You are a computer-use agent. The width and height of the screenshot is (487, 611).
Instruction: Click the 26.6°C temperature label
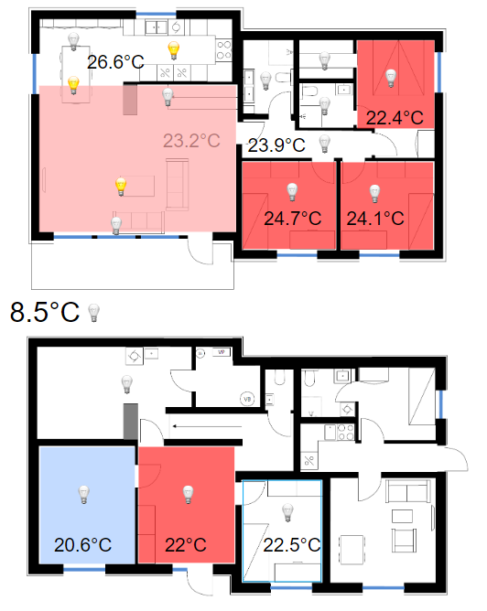coord(115,62)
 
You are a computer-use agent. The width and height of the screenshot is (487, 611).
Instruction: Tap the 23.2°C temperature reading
coord(191,141)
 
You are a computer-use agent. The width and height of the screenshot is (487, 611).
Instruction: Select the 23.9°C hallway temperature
coord(276,145)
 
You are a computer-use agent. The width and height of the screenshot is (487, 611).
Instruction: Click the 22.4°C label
coord(395,118)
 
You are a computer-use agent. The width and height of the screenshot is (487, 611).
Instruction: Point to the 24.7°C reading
coord(292,219)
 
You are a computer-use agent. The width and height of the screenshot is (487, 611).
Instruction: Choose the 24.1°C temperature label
coord(375,219)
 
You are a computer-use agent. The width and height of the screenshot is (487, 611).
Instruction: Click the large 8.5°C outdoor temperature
coord(45,312)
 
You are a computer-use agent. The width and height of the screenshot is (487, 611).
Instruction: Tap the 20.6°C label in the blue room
coord(82,545)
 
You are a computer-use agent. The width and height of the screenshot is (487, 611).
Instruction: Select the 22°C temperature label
coord(186,545)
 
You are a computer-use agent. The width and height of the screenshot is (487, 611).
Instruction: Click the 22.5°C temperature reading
coord(292,545)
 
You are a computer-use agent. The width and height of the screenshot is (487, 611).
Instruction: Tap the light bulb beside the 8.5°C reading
coord(93,313)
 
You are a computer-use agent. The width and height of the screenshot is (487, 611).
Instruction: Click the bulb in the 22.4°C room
coord(391,79)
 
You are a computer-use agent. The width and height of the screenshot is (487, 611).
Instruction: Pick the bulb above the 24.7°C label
coord(292,192)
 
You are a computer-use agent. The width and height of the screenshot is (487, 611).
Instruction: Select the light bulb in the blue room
coord(84,495)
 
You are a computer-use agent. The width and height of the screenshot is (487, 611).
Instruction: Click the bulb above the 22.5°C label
coord(287,513)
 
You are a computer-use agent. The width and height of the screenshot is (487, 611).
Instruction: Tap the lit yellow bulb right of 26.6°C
coord(174,50)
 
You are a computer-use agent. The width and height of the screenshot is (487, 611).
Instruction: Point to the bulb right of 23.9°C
coord(324,144)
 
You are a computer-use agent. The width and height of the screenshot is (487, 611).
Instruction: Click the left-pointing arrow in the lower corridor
coord(208,426)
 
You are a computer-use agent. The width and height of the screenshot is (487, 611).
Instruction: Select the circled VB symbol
coord(247,399)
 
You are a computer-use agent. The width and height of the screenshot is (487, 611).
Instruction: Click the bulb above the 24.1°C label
coord(374,194)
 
